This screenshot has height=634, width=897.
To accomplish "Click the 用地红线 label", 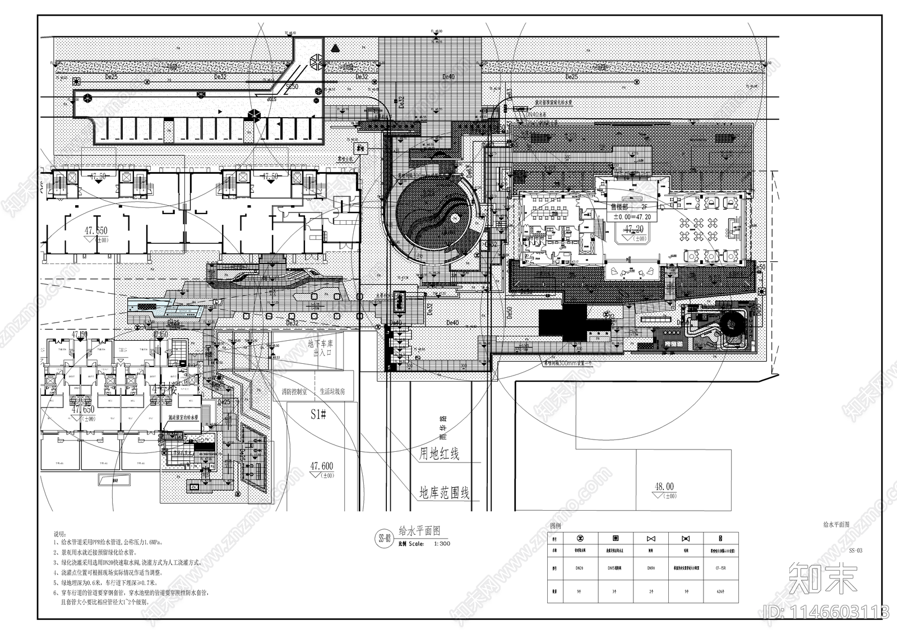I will click(x=440, y=453).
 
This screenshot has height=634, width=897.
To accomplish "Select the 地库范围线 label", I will click(x=445, y=493).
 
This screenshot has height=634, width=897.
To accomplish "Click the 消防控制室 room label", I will click(x=294, y=392).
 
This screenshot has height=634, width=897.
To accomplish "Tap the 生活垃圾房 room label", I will click(x=333, y=392).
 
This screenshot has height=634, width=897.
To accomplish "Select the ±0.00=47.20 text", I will click(x=632, y=217).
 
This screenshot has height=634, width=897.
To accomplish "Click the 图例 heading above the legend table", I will click(x=555, y=526).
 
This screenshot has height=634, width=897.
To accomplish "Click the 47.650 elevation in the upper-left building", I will click(x=96, y=230).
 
